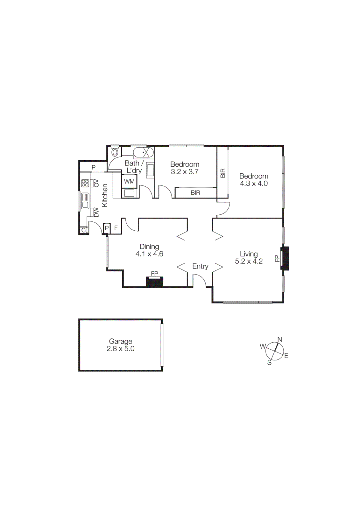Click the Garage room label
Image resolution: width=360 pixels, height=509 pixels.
click(120, 341)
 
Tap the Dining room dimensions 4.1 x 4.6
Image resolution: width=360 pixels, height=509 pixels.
click(149, 254)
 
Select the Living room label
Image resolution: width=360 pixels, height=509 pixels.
click(249, 254)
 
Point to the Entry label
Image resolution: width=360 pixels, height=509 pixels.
click(200, 266)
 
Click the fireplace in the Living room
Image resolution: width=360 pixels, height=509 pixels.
click(285, 258)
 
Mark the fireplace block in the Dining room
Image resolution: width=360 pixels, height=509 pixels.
click(154, 282)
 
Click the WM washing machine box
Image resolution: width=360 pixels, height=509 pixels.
click(129, 181)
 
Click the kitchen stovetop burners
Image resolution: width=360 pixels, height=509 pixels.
click(85, 183)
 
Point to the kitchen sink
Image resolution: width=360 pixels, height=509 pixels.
click(85, 201)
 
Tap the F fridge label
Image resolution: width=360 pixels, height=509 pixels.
click(116, 228)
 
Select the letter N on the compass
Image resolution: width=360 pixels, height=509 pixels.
click(280, 339)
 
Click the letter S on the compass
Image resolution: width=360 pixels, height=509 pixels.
click(269, 363)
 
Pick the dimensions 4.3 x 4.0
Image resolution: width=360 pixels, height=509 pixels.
click(254, 184)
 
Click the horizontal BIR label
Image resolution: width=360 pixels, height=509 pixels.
click(195, 193)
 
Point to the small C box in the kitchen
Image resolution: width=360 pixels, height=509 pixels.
click(84, 230)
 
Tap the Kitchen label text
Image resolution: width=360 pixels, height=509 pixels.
click(105, 195)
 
